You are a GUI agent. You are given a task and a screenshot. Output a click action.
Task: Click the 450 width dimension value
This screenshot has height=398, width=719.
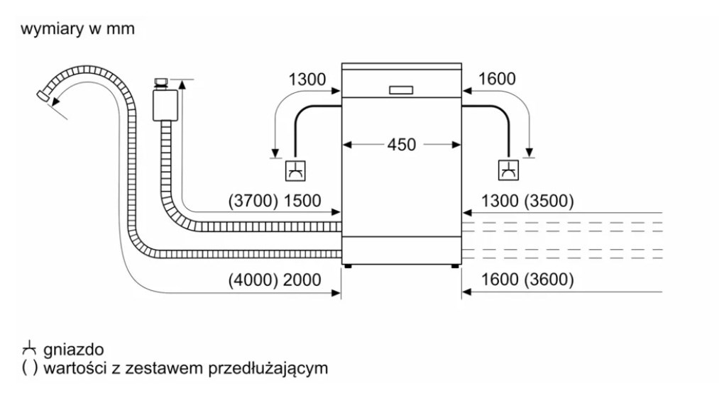tap(401, 145)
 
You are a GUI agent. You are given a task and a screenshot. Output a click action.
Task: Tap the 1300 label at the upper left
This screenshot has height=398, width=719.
tap(307, 79)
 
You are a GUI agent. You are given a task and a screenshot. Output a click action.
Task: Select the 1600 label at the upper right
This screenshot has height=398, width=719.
tap(497, 79)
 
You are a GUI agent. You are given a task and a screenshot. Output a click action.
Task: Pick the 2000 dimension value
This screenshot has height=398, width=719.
tap(302, 280)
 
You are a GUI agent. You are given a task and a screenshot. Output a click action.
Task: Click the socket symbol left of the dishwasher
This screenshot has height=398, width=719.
tap(295, 170)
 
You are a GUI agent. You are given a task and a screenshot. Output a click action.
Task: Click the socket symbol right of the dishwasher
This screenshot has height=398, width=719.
tap(507, 170)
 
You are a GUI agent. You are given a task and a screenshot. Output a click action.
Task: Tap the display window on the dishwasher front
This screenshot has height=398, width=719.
tap(401, 89)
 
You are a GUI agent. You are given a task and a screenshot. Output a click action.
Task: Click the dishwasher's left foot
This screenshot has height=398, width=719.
tap(347, 267)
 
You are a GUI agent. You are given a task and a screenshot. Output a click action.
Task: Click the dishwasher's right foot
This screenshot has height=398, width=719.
tap(455, 267)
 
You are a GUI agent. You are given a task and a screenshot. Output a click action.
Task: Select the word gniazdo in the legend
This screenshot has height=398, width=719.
tap(73, 350)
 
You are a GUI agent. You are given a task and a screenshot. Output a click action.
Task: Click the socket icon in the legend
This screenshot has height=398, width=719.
tap(29, 349)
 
